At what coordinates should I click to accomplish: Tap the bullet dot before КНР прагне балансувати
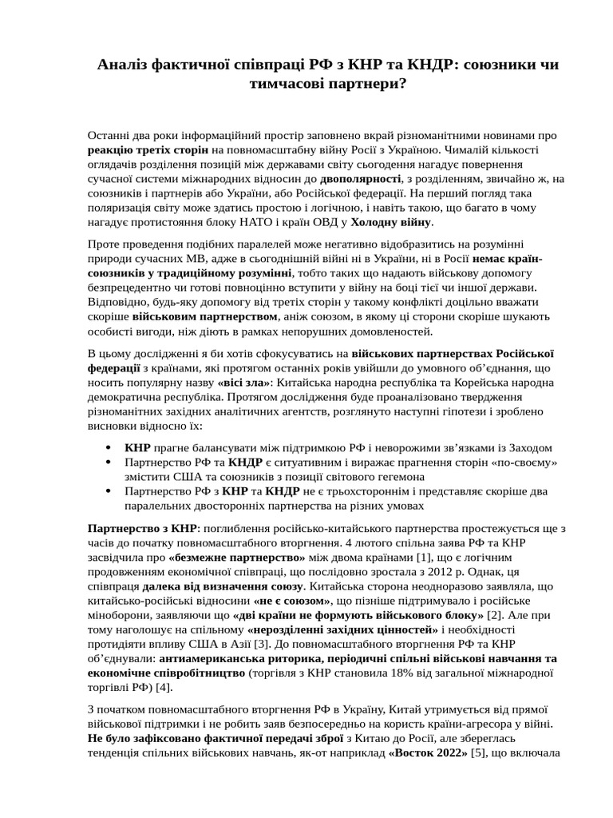point(107,448)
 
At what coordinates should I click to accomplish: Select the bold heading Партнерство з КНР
point(140,529)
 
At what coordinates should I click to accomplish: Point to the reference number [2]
point(494,615)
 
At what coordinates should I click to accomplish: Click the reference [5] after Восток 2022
point(478,752)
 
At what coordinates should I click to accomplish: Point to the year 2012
point(467,572)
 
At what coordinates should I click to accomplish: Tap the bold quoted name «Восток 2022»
point(427,752)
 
